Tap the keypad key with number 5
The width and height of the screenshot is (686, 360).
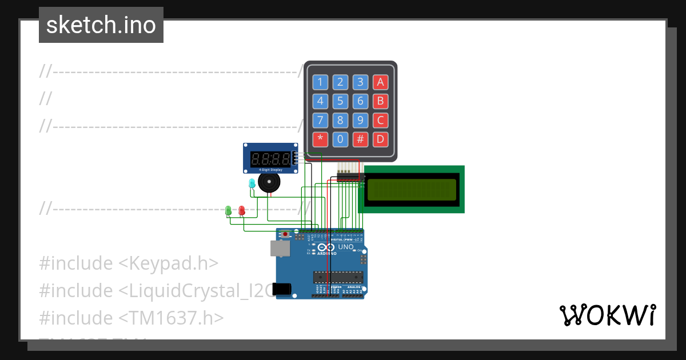coord(340,102)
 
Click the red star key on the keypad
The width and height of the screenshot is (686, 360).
coord(320,139)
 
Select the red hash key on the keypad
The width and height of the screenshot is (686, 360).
coord(360,139)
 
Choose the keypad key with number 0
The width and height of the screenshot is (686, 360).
coord(340,139)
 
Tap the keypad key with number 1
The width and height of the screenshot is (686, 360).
coord(320,82)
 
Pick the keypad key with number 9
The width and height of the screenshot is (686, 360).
coord(360,121)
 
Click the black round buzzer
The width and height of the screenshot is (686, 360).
coord(269,182)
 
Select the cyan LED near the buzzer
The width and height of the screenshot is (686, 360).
coord(252,183)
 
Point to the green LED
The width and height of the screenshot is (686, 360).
coord(229,211)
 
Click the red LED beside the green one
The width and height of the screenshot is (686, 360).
coord(242,211)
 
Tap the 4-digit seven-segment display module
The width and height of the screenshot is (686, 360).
coord(270,158)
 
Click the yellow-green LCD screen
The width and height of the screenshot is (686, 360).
coord(412,189)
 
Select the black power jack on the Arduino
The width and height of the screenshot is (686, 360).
coord(282,289)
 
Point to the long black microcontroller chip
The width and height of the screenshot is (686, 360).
coord(338,277)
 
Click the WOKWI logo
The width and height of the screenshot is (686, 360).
coord(607,315)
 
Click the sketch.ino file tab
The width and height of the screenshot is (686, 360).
coord(101,25)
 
